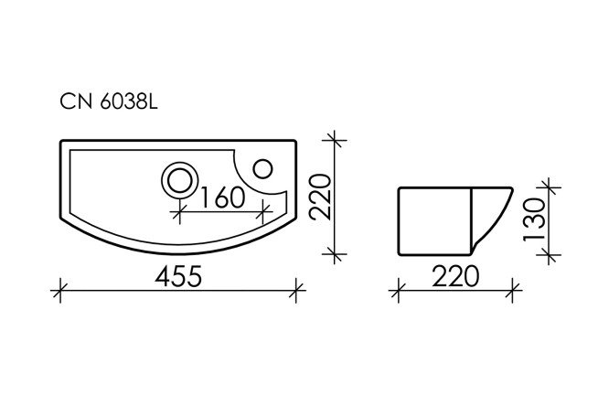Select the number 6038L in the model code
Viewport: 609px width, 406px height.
[125, 103]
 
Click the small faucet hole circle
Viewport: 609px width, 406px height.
[262, 167]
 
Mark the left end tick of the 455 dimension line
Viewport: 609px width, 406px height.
[60, 293]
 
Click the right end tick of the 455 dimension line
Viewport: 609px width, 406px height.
[295, 293]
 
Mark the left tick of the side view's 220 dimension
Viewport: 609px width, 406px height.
[399, 293]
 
